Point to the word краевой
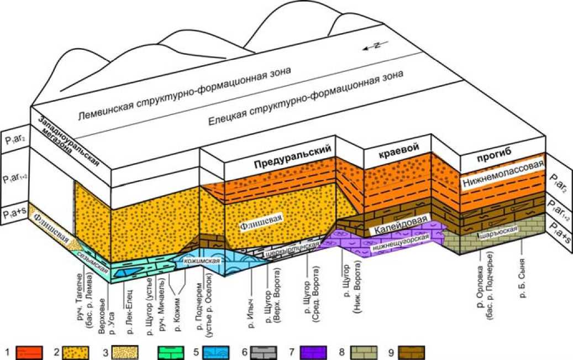pyautogui.click(x=399, y=147)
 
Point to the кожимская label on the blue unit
pyautogui.click(x=204, y=261)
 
